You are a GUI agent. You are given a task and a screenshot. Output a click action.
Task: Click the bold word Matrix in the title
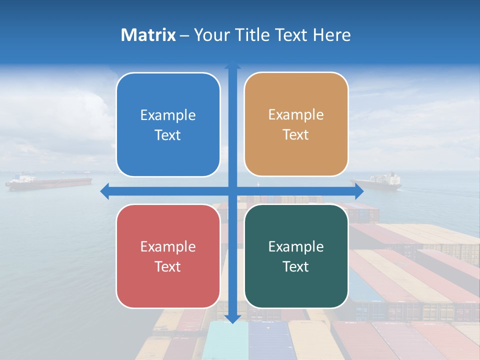tap(148, 35)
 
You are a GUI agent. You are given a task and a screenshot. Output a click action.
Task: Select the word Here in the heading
tap(331, 35)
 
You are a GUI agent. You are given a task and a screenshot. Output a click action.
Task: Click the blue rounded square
tap(168, 124)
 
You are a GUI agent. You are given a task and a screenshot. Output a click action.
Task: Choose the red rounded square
tap(168, 256)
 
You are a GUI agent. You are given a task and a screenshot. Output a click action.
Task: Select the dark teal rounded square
tap(296, 256)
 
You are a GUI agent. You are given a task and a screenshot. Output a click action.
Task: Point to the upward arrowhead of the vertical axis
tap(232, 65)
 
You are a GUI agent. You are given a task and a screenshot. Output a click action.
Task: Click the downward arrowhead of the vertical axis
tap(232, 318)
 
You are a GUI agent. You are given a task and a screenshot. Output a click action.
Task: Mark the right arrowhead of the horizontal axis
tap(359, 191)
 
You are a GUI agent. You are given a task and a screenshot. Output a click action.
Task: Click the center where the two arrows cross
tap(232, 191)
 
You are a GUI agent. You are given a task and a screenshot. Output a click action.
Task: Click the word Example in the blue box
tap(168, 115)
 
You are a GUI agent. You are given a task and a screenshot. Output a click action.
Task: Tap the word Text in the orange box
tap(295, 134)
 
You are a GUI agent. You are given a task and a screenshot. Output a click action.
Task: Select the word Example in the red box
tap(168, 246)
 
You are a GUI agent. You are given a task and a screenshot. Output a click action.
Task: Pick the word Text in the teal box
tap(295, 266)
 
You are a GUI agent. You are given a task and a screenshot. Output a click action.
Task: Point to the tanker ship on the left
tap(47, 182)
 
